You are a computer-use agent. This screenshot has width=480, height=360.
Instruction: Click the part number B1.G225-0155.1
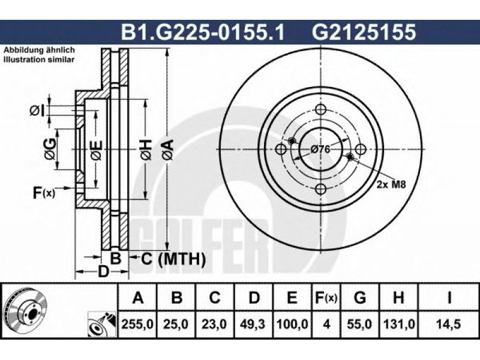(203, 32)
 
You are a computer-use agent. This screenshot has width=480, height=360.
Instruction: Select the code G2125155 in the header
(364, 32)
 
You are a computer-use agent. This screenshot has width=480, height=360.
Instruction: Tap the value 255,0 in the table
(137, 324)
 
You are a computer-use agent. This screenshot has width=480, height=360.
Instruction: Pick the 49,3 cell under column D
(254, 324)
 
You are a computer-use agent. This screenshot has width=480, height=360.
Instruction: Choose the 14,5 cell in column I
(448, 324)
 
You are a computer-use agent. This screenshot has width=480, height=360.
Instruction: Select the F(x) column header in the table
(326, 297)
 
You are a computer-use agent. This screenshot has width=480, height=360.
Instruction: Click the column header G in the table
(360, 297)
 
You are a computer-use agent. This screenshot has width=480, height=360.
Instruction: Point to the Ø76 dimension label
(320, 149)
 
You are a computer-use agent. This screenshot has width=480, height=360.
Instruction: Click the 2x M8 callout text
(391, 184)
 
